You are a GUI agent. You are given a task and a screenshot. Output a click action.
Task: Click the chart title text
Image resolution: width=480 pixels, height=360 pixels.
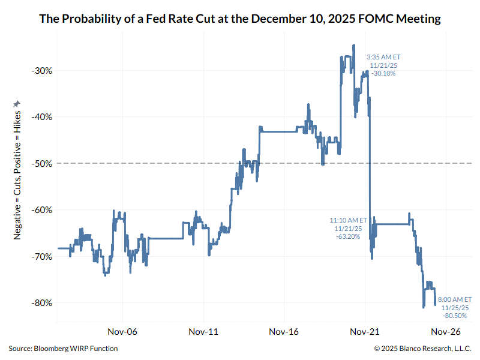[x=240, y=19]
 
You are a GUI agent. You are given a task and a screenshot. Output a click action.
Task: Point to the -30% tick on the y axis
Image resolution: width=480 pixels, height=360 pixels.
[x=41, y=70]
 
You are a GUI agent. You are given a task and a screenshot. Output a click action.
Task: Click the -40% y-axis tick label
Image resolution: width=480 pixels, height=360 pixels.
[x=41, y=117]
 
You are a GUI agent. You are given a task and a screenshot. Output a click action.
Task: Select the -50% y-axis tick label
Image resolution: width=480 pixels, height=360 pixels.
[x=41, y=163]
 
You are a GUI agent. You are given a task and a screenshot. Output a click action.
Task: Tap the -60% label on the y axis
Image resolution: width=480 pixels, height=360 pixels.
[x=41, y=210]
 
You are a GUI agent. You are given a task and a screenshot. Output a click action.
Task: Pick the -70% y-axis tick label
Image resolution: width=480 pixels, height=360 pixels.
[x=41, y=256]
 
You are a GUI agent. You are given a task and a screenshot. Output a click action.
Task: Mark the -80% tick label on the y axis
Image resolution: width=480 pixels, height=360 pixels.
[x=41, y=302]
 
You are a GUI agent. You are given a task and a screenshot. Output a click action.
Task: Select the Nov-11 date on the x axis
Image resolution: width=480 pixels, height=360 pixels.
[x=203, y=331]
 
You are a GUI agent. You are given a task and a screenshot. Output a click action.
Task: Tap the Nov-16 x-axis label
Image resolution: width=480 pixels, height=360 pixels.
[x=284, y=331]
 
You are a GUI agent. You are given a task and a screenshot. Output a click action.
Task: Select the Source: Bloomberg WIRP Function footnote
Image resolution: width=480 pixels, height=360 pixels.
[x=63, y=349]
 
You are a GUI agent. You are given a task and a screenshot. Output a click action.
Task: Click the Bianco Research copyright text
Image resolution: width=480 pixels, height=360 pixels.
[x=422, y=349]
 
